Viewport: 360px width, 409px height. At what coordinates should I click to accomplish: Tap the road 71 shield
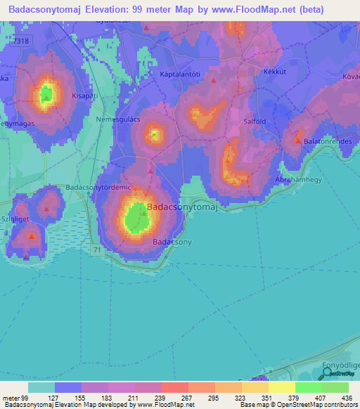click(x=95, y=249)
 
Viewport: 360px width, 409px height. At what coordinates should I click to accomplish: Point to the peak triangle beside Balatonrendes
click(x=298, y=141)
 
